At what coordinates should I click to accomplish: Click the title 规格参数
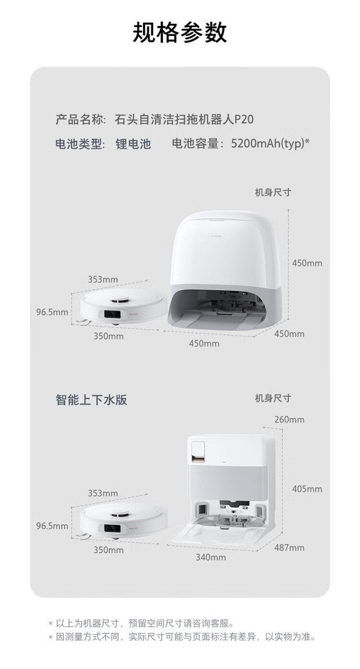180,32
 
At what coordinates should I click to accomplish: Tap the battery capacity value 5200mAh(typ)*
270,144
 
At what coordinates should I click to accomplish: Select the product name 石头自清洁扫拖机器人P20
184,120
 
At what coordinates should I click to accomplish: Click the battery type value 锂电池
133,144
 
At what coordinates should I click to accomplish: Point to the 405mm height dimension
307,489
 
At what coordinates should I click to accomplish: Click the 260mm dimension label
289,420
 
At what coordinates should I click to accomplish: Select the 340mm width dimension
211,557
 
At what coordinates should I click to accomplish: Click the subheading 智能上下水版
91,400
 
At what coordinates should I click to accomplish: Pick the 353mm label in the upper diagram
103,280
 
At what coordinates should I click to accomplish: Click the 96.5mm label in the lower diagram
52,526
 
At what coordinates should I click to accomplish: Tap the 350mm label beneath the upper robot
108,336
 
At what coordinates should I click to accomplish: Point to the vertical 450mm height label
307,263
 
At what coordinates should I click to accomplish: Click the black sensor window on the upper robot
112,315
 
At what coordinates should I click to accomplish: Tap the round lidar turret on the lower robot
120,514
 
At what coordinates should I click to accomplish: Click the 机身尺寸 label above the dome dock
273,192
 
